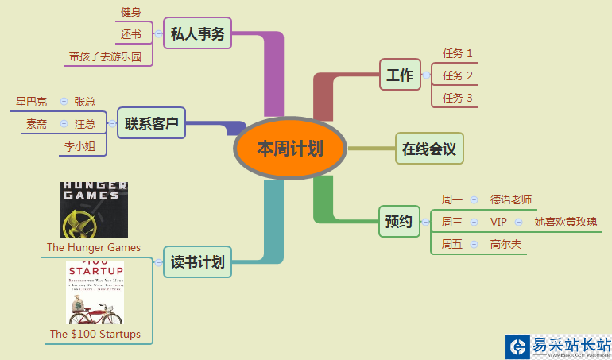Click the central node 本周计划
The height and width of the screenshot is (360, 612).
(290, 149)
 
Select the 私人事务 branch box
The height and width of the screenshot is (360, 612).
(198, 33)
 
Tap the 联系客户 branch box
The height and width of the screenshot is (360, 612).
(151, 123)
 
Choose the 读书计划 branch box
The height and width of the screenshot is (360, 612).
(197, 261)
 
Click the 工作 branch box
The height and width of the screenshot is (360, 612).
(400, 75)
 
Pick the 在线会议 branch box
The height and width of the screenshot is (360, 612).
(429, 149)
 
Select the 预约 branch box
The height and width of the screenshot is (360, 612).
(399, 222)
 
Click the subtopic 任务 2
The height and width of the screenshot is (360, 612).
(458, 75)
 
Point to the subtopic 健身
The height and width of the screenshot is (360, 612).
(131, 12)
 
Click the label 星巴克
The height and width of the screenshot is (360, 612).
(32, 102)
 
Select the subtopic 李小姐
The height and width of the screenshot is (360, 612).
(80, 147)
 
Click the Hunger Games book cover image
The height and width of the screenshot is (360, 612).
(94, 210)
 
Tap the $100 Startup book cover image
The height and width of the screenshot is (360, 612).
(95, 293)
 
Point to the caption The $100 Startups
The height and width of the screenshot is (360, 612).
(95, 334)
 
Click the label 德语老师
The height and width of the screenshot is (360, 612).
(511, 199)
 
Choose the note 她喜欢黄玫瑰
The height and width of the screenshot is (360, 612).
(565, 222)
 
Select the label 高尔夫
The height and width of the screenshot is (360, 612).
(506, 244)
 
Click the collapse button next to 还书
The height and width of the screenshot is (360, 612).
(157, 34)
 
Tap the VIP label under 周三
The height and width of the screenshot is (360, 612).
(498, 222)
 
